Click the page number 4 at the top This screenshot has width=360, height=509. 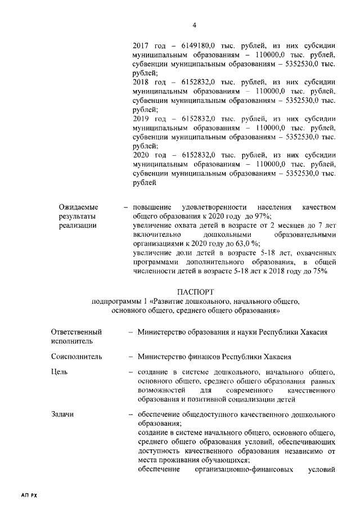(x=193, y=25)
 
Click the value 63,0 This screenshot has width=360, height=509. (x=241, y=244)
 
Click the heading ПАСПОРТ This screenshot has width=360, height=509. (x=195, y=292)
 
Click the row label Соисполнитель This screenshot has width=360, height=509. (x=76, y=356)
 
